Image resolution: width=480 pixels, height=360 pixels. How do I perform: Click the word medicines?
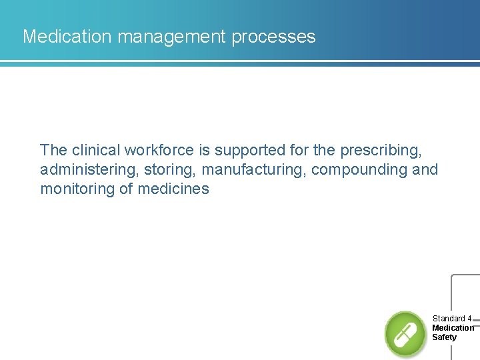[x=173, y=189]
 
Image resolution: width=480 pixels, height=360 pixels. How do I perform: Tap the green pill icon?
[x=405, y=333]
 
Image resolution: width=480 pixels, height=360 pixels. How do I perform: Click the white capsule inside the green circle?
[x=405, y=333]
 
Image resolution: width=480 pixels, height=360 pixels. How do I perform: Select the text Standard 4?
[x=452, y=319]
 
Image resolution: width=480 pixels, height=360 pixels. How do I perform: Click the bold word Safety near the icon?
[x=445, y=337]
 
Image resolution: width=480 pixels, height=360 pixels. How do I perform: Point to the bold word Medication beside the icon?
[x=453, y=328]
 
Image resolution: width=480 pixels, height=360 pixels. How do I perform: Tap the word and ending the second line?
[x=425, y=169]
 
